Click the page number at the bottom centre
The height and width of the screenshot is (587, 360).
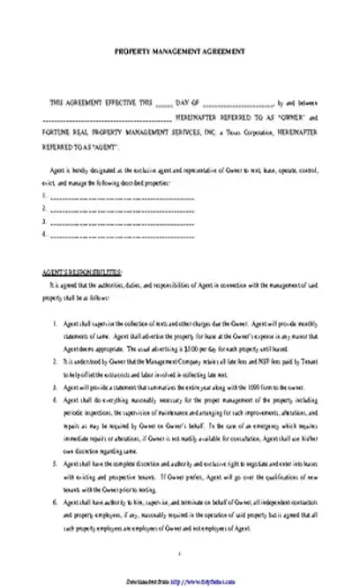point(180,554)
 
